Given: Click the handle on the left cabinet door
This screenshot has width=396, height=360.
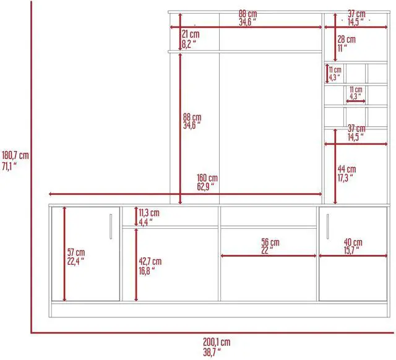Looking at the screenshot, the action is coord(110,226).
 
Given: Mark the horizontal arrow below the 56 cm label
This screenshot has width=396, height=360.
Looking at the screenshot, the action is coord(269,255).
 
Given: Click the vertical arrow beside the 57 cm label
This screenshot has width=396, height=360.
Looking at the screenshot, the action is coord(64,254).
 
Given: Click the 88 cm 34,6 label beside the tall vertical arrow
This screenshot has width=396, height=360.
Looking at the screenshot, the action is coord(192,121).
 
